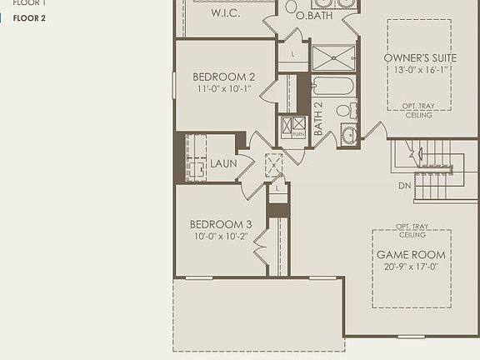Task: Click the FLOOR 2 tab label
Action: coord(29,17)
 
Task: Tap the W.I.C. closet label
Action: coord(225,12)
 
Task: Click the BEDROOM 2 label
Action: coord(223,77)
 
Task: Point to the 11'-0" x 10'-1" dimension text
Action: coord(223,88)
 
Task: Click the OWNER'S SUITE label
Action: coord(419,57)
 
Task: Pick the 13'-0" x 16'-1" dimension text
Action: coord(419,70)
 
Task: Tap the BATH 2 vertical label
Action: coord(318,117)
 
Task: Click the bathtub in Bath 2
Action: coord(333,86)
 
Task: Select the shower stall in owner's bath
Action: coord(332,58)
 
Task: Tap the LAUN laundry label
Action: coord(223,163)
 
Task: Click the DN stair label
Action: coord(404,185)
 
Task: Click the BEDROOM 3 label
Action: coord(220,224)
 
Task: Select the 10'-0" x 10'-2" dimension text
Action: coord(220,236)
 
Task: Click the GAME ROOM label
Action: coord(411,255)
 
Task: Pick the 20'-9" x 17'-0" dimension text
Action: coord(411,267)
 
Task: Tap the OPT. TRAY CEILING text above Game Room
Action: coord(411,230)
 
